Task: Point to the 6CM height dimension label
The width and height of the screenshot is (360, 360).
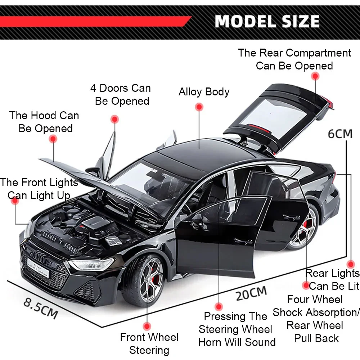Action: pos(340,134)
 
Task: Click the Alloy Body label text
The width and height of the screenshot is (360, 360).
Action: pos(204,92)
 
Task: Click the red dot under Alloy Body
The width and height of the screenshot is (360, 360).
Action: pos(199,107)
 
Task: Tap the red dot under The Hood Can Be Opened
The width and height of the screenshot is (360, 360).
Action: pos(53,139)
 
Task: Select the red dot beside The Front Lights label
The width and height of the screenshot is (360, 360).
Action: pos(15,201)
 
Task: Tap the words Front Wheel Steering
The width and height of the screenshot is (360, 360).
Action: pos(149,343)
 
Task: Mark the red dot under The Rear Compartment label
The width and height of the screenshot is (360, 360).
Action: pos(315,76)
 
